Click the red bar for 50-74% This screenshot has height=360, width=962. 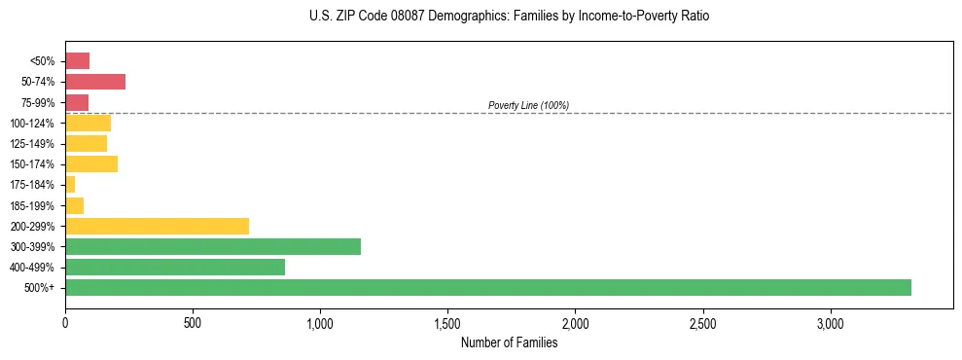tap(95, 82)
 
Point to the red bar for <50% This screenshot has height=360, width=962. tap(78, 61)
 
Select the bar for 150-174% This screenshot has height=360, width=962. tap(91, 164)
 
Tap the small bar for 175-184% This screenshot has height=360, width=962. tap(70, 185)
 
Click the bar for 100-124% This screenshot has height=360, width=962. tap(88, 124)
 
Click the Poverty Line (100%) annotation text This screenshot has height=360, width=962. tap(528, 105)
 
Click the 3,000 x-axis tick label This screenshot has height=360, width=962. tap(831, 323)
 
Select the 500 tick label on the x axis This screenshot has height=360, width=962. tap(193, 323)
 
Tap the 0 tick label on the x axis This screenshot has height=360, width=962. tap(65, 323)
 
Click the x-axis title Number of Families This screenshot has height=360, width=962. tap(509, 342)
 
